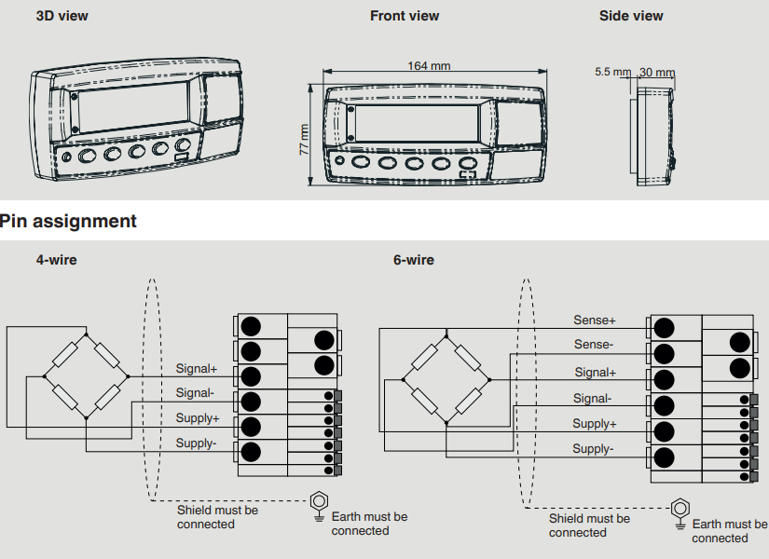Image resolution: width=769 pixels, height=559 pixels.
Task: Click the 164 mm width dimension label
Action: coord(429,65)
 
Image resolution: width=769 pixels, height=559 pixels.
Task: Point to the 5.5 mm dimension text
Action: coord(612,72)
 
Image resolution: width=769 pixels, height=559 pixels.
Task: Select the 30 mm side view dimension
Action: coord(658,73)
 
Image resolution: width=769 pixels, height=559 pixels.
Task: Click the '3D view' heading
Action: coord(62,16)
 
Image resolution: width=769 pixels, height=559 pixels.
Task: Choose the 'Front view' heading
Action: coord(405,16)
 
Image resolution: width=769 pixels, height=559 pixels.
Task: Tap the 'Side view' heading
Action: coord(631,16)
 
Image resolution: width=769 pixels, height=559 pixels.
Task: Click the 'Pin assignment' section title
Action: coord(68,222)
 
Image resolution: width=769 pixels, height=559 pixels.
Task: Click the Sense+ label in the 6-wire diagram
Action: coord(595,320)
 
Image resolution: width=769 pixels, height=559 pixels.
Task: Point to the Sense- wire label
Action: coord(594,345)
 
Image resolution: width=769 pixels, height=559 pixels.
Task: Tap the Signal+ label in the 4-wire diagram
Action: coord(197,369)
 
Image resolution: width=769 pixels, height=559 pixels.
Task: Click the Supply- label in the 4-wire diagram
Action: coord(196,443)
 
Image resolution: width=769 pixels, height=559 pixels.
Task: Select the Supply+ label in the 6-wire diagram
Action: coord(595,424)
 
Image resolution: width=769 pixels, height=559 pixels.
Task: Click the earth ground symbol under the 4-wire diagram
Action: coord(319,504)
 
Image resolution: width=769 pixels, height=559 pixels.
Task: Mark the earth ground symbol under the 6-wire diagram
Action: coord(680,511)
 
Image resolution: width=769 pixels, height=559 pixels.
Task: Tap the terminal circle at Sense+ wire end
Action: coord(664,328)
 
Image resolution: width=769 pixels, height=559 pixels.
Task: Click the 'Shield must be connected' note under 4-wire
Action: coord(218,517)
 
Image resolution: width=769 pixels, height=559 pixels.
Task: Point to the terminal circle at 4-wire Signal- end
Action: coord(251,402)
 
